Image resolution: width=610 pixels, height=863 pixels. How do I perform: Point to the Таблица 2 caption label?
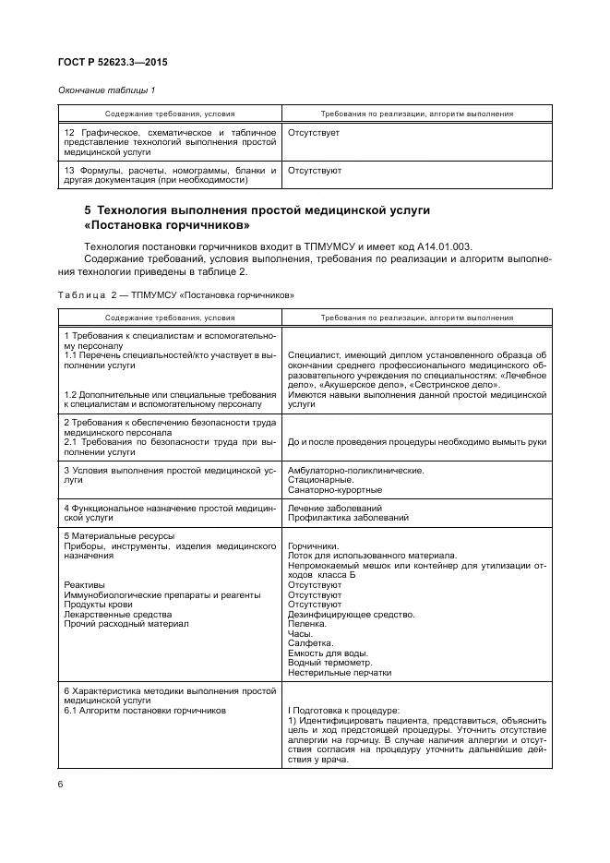88,294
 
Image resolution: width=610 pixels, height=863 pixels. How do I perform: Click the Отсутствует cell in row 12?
314,134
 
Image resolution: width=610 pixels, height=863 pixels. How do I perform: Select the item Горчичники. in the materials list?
313,545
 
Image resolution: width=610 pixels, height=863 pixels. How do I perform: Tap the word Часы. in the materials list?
300,633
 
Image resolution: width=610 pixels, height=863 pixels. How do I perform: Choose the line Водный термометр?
329,663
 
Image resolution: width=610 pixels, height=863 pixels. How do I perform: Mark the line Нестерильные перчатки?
339,673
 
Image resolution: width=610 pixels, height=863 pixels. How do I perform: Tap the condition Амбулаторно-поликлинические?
356,470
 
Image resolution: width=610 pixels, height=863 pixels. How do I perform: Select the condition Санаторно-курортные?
335,490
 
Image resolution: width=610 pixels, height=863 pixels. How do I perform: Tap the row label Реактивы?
85,584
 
